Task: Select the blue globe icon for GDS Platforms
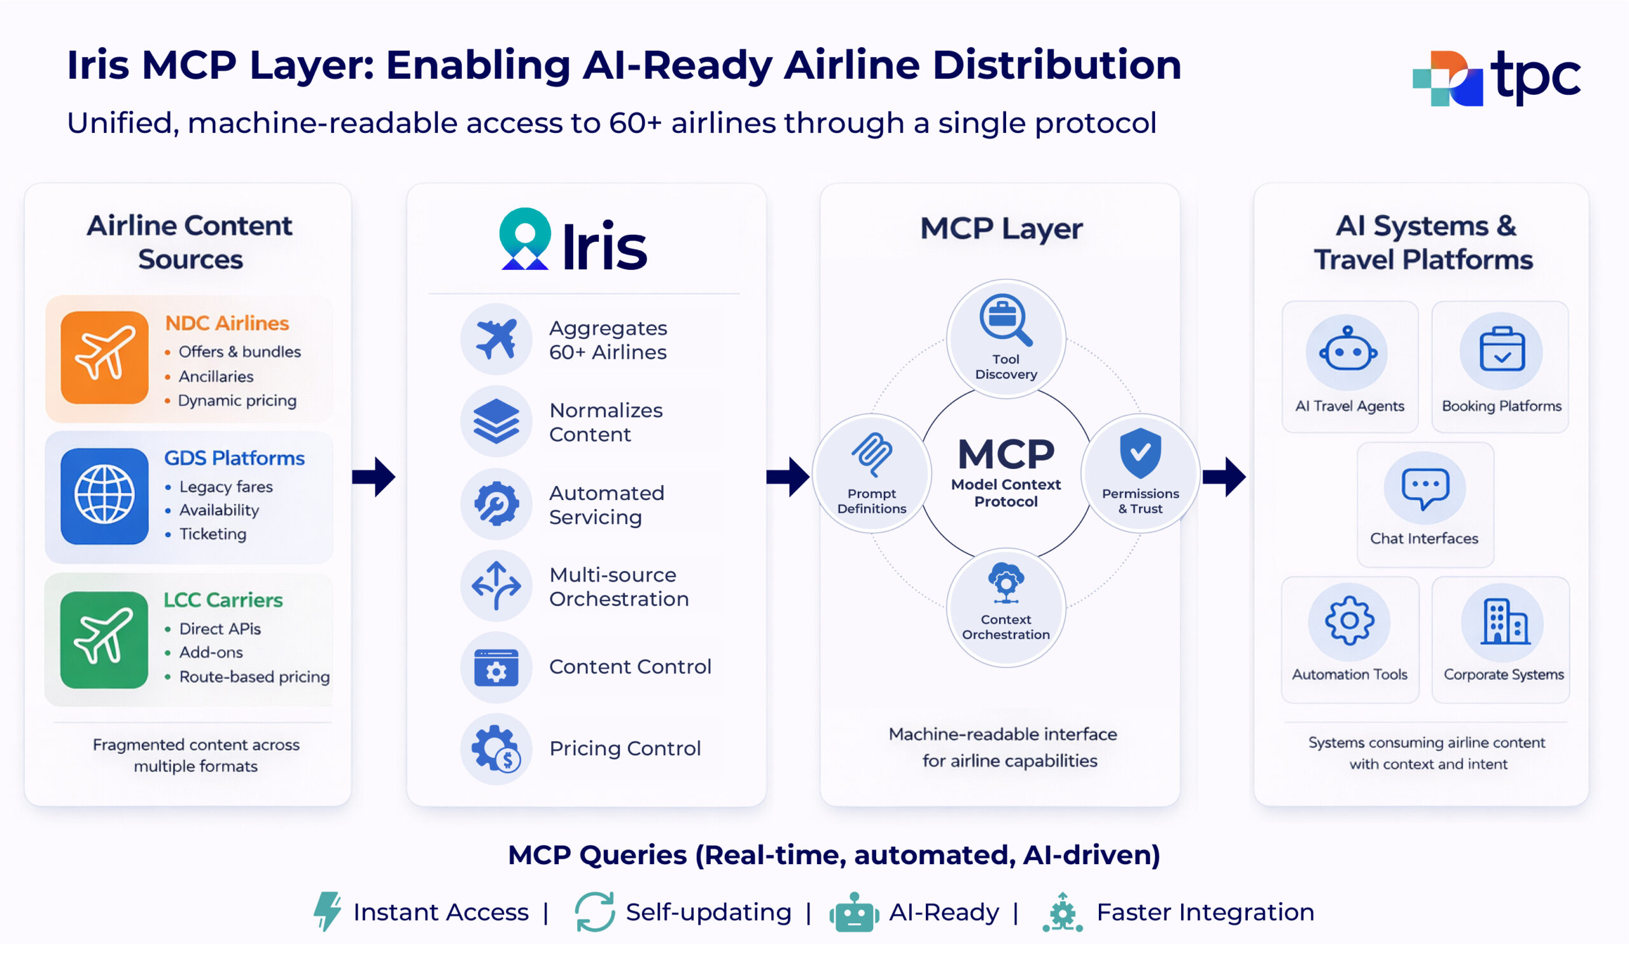(104, 496)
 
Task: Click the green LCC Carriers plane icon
(104, 639)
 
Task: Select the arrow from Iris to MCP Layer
(788, 477)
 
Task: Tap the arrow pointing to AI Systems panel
(1224, 477)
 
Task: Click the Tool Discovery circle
(1005, 339)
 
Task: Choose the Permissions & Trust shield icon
(1140, 452)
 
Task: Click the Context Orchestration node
(1005, 608)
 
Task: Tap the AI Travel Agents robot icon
(1348, 351)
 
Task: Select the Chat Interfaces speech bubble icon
(1424, 487)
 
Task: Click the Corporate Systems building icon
(1503, 622)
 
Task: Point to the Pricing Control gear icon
(496, 748)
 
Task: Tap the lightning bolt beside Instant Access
(327, 911)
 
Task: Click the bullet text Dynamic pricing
(237, 401)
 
